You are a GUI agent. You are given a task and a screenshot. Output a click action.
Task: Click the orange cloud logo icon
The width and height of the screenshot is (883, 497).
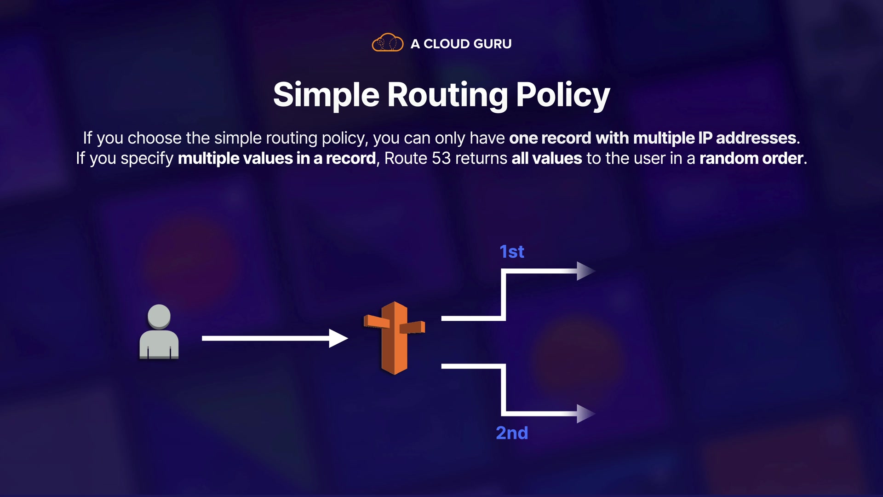coord(387,43)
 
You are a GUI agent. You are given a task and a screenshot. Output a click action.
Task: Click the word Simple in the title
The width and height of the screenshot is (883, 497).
coord(326,95)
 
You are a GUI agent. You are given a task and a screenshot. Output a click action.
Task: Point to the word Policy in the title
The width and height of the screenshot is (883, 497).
coord(562,95)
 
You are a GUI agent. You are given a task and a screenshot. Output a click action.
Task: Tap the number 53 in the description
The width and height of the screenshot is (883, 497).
coord(441,158)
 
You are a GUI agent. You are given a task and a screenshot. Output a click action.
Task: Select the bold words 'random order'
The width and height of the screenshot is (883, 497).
coord(751,158)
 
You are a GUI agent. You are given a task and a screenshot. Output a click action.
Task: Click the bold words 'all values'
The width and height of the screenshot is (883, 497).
coord(546,158)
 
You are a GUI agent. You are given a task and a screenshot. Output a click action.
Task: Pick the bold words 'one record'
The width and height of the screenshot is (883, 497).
coord(550,138)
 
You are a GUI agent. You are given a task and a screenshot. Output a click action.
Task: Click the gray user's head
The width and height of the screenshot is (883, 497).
coord(159,316)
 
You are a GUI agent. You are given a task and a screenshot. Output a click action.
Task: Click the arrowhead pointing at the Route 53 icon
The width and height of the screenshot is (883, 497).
coord(338,338)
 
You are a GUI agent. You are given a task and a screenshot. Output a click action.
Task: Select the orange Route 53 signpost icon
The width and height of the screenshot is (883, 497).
coord(394,338)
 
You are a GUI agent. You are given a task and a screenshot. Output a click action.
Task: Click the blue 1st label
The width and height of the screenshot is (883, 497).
coord(511,252)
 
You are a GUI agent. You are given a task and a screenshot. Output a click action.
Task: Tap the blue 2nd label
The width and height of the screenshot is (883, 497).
coord(511,433)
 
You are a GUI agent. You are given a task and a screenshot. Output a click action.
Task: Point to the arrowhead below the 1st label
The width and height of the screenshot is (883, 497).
coord(585,271)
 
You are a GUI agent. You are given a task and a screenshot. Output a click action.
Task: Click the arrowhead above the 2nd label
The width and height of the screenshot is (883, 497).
coord(585,414)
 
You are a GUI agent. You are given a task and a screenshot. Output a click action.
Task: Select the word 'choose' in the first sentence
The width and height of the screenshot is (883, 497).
coord(155,138)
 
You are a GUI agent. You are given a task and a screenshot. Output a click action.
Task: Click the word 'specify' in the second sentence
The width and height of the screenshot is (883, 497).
coord(147,159)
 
